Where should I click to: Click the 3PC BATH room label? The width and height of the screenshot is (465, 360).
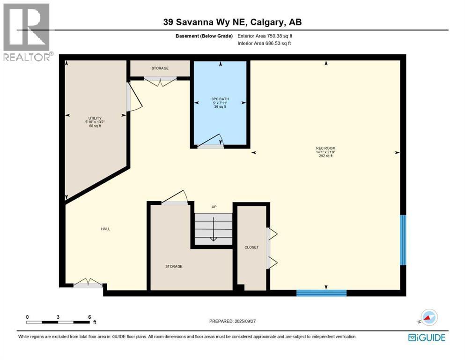tap(220, 103)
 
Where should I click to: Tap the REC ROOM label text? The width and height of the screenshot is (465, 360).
tap(325, 152)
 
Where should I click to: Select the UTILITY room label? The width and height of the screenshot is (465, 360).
tap(95, 122)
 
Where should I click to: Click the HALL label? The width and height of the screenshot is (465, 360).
tap(105, 229)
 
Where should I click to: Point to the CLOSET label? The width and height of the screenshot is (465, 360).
tap(251, 247)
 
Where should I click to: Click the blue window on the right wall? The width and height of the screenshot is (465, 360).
tap(403, 240)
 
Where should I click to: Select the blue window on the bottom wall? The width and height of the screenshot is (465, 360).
tap(321, 293)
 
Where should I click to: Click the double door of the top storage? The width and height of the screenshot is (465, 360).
tap(160, 82)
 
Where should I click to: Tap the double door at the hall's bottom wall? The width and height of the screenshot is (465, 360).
tap(88, 283)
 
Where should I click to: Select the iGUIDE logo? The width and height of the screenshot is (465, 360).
tap(427, 337)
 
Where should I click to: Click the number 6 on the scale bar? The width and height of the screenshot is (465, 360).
tap(89, 317)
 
